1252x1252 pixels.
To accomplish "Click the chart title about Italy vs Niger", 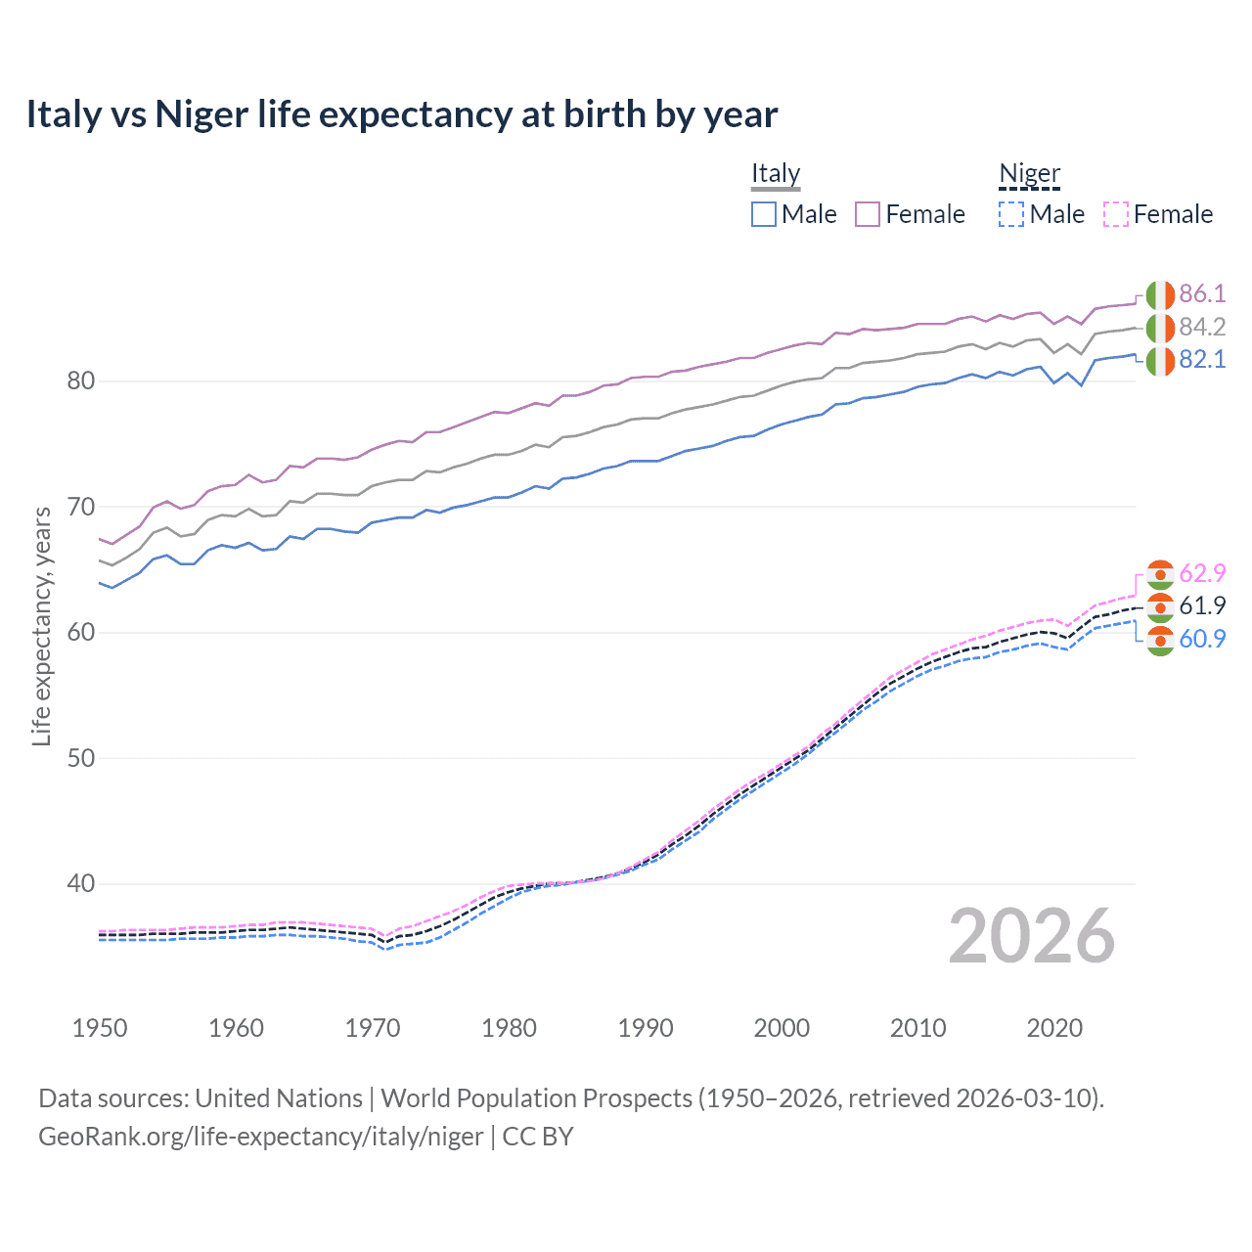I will tap(401, 114).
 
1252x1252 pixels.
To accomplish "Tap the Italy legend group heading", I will tap(776, 173).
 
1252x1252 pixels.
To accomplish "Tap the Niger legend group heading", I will tap(1029, 173).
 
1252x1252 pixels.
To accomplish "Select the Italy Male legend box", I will tap(764, 214).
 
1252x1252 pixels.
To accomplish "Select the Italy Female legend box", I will tap(868, 214).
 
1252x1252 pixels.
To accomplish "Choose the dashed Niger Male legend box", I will tap(1011, 214).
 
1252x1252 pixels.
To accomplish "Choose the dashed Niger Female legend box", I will tap(1115, 214).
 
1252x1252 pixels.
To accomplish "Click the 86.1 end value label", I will tap(1202, 294).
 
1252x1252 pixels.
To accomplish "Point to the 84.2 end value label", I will tap(1202, 327).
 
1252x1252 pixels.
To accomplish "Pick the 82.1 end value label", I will tap(1202, 360).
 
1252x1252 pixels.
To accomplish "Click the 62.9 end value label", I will tap(1202, 573).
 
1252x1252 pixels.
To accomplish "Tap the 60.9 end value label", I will tap(1202, 639).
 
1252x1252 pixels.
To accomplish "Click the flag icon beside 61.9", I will tap(1160, 606).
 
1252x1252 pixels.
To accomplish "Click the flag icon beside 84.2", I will tap(1160, 328).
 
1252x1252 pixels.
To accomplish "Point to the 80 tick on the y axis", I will tap(80, 381).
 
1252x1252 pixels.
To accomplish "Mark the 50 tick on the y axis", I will tap(80, 758).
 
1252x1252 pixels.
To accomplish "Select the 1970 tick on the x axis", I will tap(373, 1028).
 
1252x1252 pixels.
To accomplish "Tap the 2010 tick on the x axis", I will tap(917, 1028).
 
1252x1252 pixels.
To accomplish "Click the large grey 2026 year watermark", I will tap(1031, 936).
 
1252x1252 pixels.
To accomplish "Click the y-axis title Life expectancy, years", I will tap(41, 626).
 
